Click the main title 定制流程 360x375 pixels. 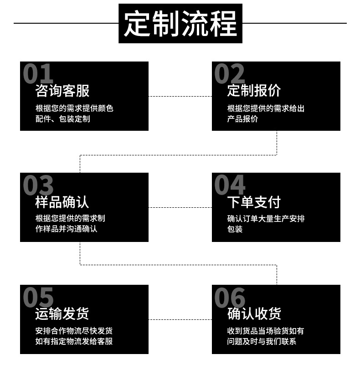click(180, 23)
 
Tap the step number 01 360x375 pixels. click(38, 74)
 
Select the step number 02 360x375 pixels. click(230, 74)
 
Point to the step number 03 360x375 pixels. click(38, 185)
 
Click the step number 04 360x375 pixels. click(230, 185)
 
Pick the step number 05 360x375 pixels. click(38, 297)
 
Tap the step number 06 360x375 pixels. click(230, 297)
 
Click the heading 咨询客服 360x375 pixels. click(62, 91)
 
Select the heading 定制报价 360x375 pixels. click(254, 91)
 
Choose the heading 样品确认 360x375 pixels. click(62, 202)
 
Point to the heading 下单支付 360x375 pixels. click(254, 202)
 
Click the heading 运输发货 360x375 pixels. click(62, 313)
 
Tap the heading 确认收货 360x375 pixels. click(254, 313)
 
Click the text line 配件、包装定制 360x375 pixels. click(63, 119)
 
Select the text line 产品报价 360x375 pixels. click(242, 119)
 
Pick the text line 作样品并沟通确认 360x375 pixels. click(67, 229)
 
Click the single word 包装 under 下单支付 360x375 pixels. click(235, 229)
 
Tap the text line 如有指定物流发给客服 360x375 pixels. click(74, 341)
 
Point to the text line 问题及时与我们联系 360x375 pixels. click(262, 341)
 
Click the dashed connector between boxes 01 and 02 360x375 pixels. click(180, 96)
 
